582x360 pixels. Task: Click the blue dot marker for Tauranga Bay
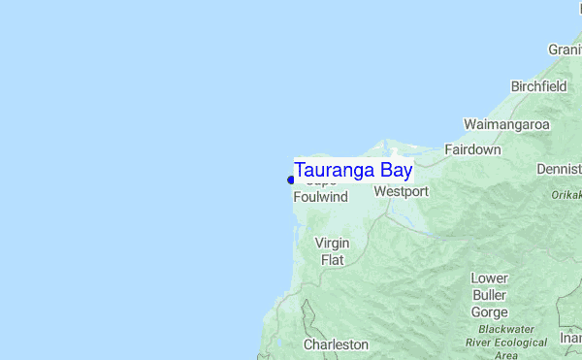point(290,180)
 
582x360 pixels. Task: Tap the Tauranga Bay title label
point(353,170)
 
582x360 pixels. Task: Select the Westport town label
point(401,192)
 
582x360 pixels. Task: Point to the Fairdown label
point(472,150)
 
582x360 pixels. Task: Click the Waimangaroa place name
point(506,125)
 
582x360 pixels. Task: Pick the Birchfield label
point(538,86)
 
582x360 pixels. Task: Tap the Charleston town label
point(336,344)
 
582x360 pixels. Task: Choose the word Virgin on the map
point(333,243)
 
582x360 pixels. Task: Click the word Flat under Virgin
point(333,260)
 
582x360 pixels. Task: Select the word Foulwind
point(320,197)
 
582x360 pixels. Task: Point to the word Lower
point(489,278)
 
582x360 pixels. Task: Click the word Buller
point(489,295)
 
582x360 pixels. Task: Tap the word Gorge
point(489,311)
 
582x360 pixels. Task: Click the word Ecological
point(521,343)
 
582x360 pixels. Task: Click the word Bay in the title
point(396,170)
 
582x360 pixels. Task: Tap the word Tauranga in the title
point(335,170)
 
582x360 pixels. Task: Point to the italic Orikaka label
point(566,195)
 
